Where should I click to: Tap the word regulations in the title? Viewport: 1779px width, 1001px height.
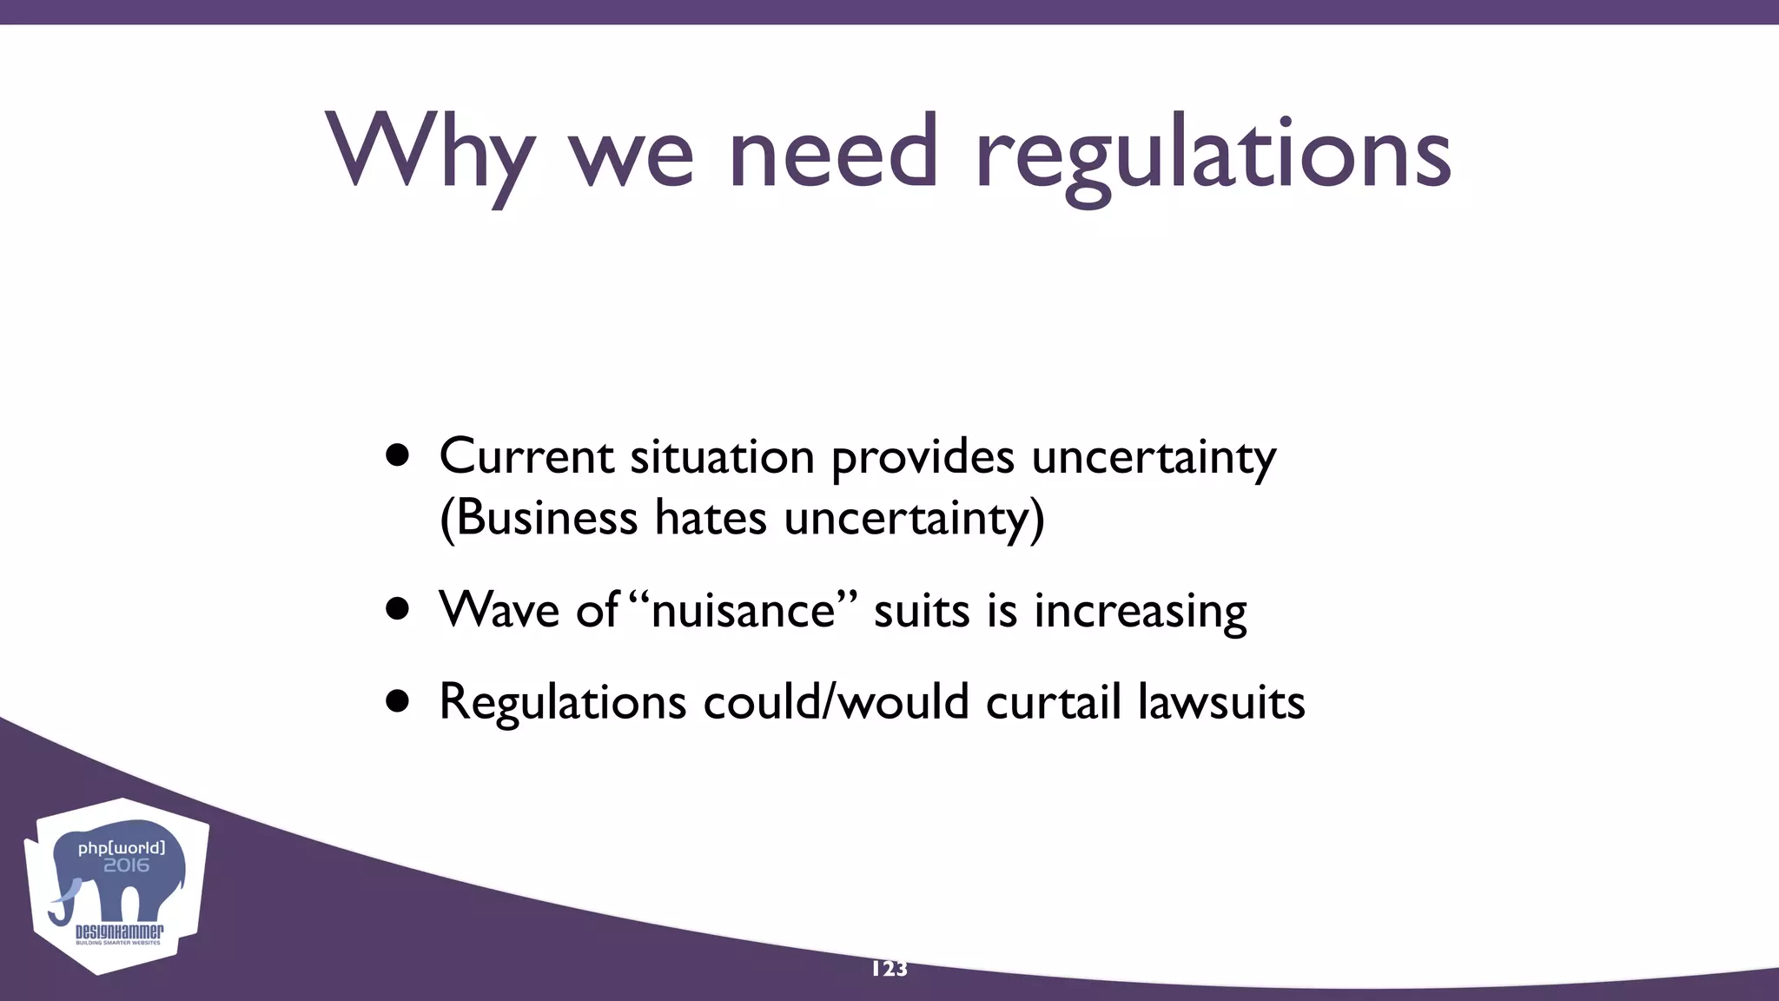click(x=1213, y=156)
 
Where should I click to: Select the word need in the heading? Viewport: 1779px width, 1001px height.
click(x=833, y=153)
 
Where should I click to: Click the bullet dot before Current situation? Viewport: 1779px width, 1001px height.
click(x=398, y=455)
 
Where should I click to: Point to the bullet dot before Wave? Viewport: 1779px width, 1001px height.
click(x=398, y=609)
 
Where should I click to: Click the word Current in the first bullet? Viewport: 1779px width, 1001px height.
click(x=526, y=455)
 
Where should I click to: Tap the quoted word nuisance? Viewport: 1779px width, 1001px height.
click(x=743, y=609)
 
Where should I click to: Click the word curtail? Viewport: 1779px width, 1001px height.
click(x=1053, y=701)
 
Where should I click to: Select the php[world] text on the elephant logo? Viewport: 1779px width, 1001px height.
click(x=122, y=848)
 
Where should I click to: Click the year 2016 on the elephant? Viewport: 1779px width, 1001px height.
click(x=127, y=865)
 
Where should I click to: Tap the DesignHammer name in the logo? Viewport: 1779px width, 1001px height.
click(x=119, y=931)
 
